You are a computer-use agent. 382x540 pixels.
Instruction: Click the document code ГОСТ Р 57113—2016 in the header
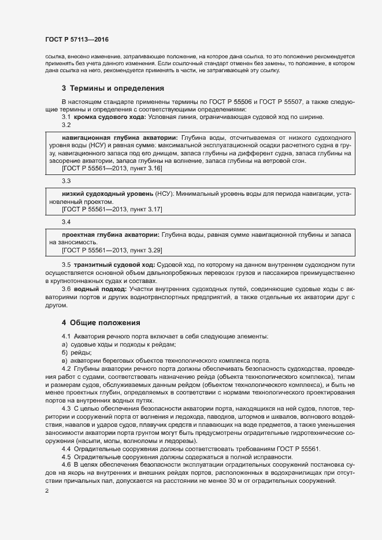77,40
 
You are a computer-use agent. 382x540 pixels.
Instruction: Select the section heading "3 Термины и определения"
113,88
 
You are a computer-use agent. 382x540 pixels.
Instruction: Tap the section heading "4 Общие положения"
101,322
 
